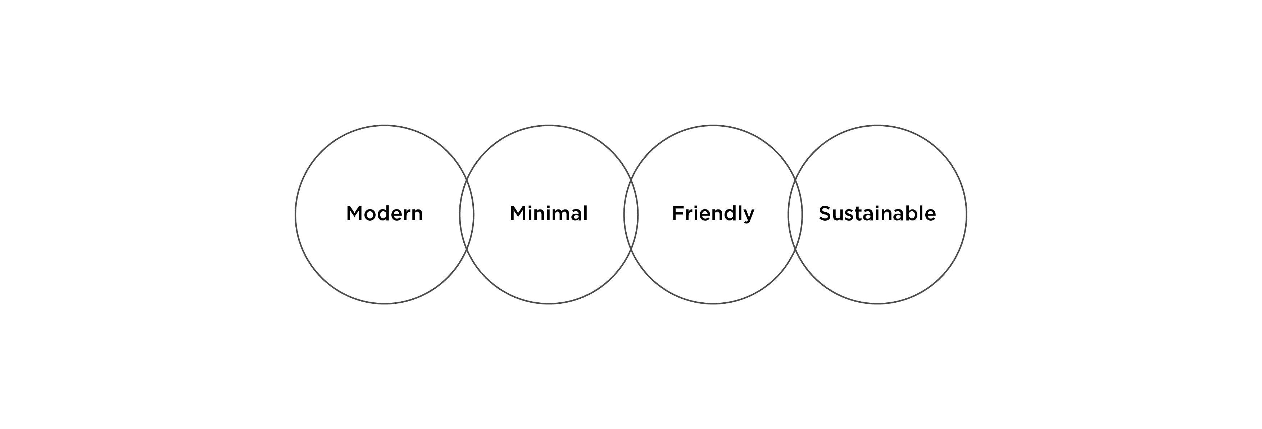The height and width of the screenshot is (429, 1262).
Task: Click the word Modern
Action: pos(385,214)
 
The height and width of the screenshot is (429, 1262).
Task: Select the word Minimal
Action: pos(549,214)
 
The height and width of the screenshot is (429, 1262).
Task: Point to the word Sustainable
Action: pos(877,214)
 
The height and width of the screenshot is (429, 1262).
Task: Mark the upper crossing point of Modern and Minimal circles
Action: pos(466,180)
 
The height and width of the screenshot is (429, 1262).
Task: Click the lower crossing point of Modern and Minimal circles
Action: pos(466,249)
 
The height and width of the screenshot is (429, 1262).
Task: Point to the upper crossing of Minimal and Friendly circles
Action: pos(631,180)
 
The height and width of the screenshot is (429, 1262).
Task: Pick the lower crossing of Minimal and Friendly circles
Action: pos(631,249)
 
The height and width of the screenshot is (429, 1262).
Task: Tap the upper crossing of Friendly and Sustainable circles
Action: pos(795,180)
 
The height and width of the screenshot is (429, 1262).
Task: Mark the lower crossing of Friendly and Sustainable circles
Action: pos(795,249)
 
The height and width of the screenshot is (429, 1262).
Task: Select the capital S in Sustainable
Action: pos(825,214)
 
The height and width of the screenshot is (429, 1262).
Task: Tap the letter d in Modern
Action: pos(386,214)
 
